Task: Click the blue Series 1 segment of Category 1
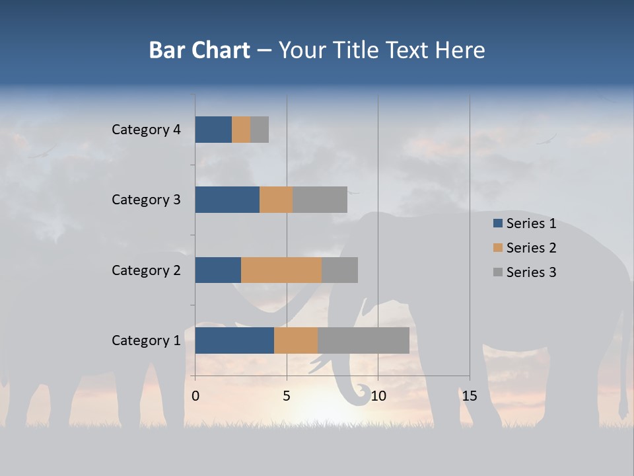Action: click(234, 340)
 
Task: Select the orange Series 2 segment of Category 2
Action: click(281, 270)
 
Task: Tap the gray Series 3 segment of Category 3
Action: click(320, 200)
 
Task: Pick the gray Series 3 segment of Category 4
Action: click(260, 130)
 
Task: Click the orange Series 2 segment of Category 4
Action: click(241, 130)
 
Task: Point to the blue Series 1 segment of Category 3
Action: click(227, 200)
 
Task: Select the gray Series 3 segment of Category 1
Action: click(363, 340)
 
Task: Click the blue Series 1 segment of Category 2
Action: click(218, 270)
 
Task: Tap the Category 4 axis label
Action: click(146, 130)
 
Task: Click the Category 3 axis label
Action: click(146, 200)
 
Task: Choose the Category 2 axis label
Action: click(146, 270)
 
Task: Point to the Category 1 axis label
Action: click(146, 340)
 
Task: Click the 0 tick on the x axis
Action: click(195, 396)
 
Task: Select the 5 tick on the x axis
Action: click(287, 396)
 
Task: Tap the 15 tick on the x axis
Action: click(469, 396)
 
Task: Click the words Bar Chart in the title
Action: click(199, 50)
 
